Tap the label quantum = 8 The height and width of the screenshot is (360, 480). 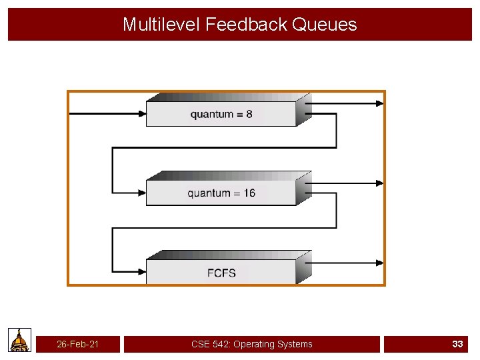pos(221,114)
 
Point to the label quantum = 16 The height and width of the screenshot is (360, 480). pos(221,193)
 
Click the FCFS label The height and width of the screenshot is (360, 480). pos(221,273)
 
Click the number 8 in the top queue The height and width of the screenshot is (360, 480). pos(249,114)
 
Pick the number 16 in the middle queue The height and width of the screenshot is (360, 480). pos(249,193)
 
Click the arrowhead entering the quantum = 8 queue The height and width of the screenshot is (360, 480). pos(141,114)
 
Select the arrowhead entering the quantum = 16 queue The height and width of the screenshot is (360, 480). pos(141,193)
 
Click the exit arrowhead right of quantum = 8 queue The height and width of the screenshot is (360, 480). pos(380,103)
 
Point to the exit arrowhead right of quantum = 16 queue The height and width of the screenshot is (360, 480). pos(380,183)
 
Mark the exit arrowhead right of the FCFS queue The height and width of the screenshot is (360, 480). pos(380,263)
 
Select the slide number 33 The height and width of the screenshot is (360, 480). pos(457,344)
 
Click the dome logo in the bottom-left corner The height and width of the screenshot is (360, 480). pos(20,340)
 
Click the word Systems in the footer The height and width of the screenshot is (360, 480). pos(295,344)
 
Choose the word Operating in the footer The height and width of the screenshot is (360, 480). pos(253,344)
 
